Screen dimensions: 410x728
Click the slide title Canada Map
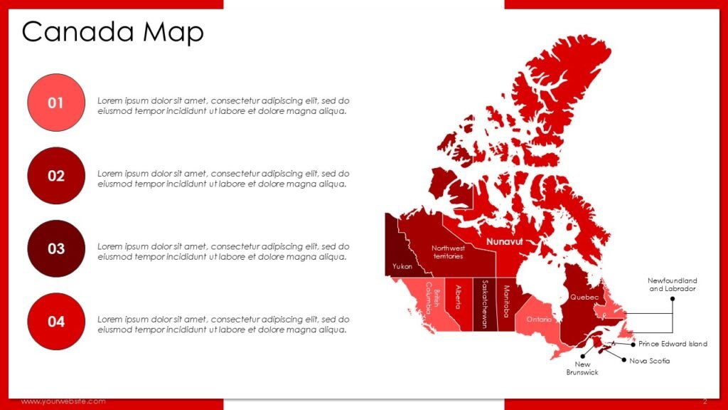(x=113, y=32)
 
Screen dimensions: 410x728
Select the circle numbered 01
(x=56, y=103)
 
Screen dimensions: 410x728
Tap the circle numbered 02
(x=56, y=176)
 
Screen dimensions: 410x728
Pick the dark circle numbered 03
(x=56, y=248)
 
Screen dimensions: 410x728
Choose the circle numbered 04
(x=56, y=321)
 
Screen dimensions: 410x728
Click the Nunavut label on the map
(x=504, y=242)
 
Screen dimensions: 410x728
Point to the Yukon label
(x=402, y=266)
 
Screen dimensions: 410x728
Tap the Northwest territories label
(x=448, y=252)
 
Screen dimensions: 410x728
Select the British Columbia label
(x=433, y=298)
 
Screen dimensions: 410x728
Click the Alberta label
(x=457, y=298)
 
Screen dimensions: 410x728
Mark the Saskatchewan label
(x=484, y=302)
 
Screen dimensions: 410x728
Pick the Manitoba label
(x=506, y=301)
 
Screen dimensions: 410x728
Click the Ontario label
(x=539, y=320)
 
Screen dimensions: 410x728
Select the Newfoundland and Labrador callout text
(x=673, y=285)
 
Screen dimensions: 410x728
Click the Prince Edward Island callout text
(x=673, y=344)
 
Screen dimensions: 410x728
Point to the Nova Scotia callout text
(x=650, y=361)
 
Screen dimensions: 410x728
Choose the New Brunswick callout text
(x=582, y=369)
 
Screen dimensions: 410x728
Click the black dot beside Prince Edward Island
(x=633, y=344)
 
